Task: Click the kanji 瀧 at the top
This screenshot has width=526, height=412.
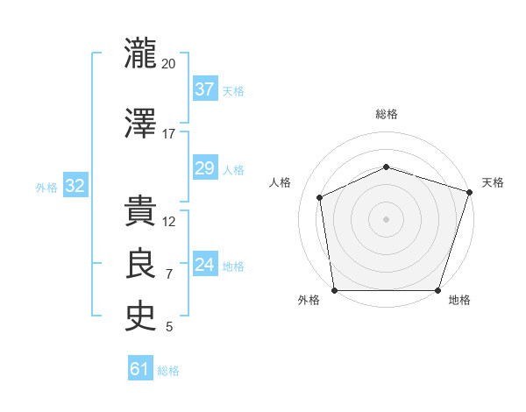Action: pos(140,53)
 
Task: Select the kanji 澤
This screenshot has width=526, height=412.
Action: pos(140,123)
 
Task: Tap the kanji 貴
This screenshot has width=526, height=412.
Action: pos(140,210)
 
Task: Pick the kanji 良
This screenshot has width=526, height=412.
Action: pos(140,263)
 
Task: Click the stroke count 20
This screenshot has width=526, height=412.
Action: pos(168,64)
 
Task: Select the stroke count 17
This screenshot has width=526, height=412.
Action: pos(168,134)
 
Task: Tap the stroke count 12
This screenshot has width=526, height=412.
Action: pos(168,222)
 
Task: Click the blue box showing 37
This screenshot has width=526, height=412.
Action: pos(205,89)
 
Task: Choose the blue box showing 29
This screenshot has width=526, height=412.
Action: pos(205,167)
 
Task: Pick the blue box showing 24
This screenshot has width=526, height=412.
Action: pos(205,263)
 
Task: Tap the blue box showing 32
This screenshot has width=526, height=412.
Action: pos(75,185)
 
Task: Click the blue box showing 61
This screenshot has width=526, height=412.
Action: pos(140,367)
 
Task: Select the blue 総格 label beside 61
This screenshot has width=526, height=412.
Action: pos(168,371)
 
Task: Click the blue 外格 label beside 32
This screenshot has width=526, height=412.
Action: pos(46,188)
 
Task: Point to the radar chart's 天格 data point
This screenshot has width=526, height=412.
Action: pos(470,192)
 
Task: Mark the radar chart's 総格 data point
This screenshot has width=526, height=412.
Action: pos(387,167)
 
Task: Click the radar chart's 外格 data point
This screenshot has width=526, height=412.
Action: pos(335,290)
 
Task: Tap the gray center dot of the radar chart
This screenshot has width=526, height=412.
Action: pos(386,219)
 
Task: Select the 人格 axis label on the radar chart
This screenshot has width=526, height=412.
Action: pos(280,182)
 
